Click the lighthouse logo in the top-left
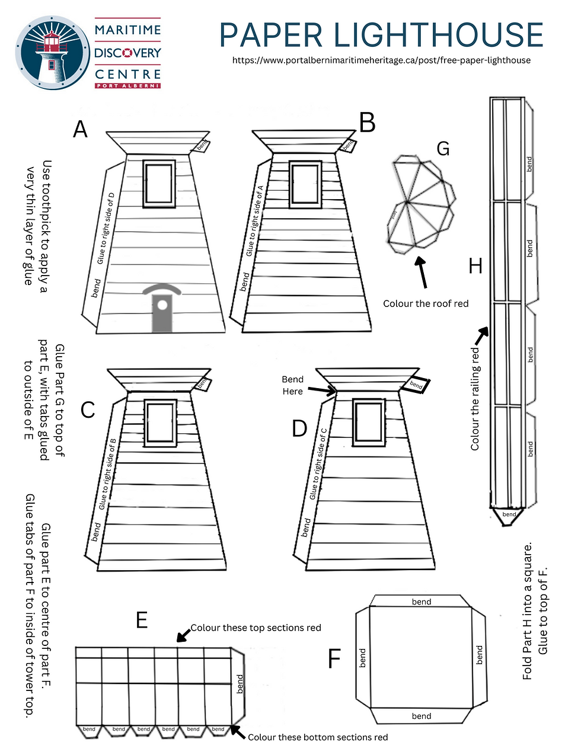pos(53,53)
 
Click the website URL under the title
pos(381,60)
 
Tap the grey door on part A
pos(162,309)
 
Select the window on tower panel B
pos(305,184)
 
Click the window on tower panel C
pos(160,423)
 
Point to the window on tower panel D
pos(369,422)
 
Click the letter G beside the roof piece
pos(443,149)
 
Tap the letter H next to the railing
pos(475,266)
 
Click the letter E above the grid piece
pos(141,620)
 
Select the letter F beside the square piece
pos(334,658)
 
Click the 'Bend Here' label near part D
pos(292,385)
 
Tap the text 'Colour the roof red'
pos(426,303)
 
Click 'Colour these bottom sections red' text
pos(318,737)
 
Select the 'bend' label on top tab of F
pos(422,601)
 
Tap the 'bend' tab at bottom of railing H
pos(509,514)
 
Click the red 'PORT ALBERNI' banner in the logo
pos(127,86)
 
